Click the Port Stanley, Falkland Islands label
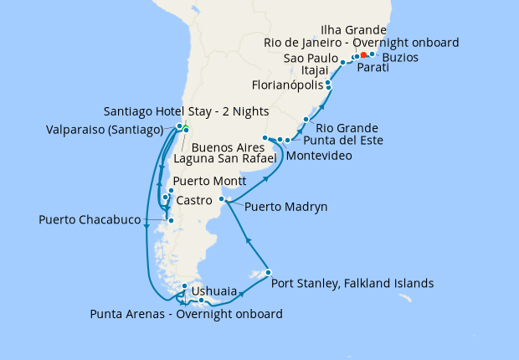point(352,284)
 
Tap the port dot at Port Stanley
point(268,272)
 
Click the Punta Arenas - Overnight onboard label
point(186,315)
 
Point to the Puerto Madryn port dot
point(221,198)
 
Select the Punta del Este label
point(342,141)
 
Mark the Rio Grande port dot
point(306,120)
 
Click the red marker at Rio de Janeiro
point(363,55)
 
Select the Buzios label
point(401,58)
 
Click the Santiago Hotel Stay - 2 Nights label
point(174,111)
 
